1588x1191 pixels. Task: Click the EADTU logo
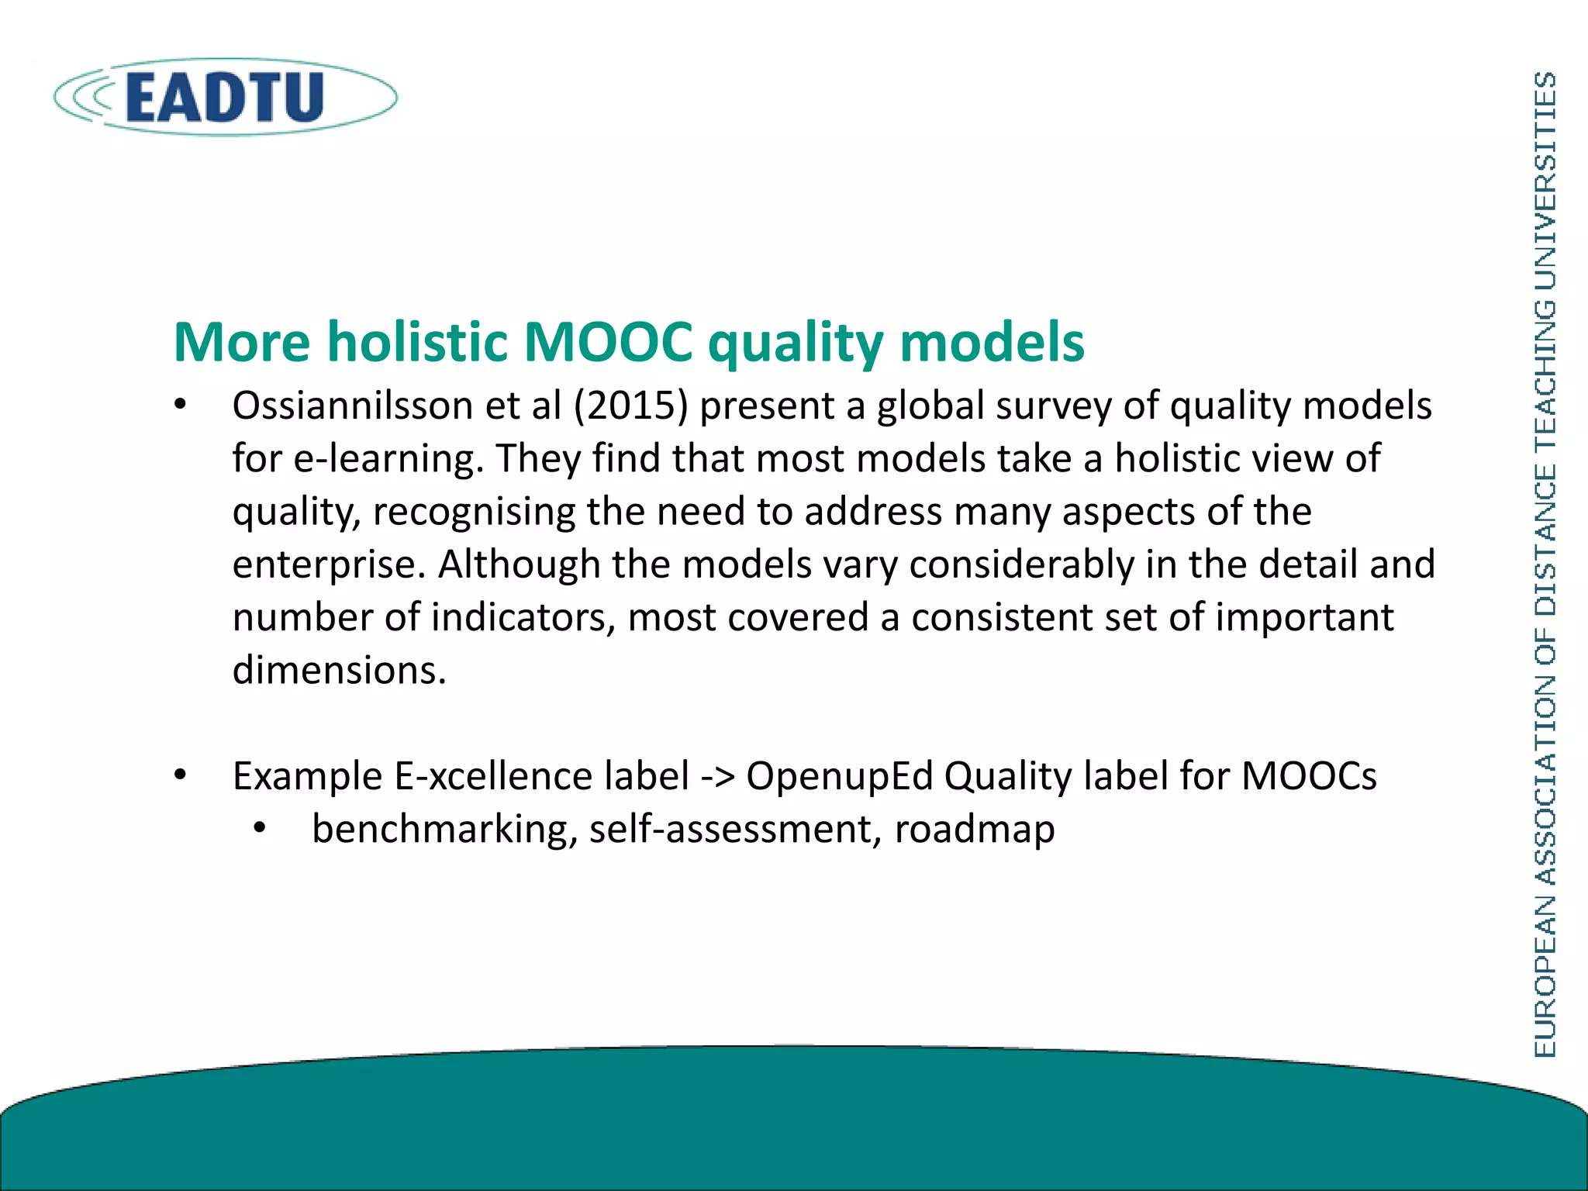tap(225, 97)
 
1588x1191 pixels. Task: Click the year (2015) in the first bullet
tap(630, 406)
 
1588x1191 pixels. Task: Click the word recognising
tap(474, 512)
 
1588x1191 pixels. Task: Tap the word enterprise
tap(330, 564)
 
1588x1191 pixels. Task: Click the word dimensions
tap(339, 670)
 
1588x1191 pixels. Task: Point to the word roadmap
tap(975, 830)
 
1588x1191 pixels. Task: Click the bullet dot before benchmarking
tap(260, 830)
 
